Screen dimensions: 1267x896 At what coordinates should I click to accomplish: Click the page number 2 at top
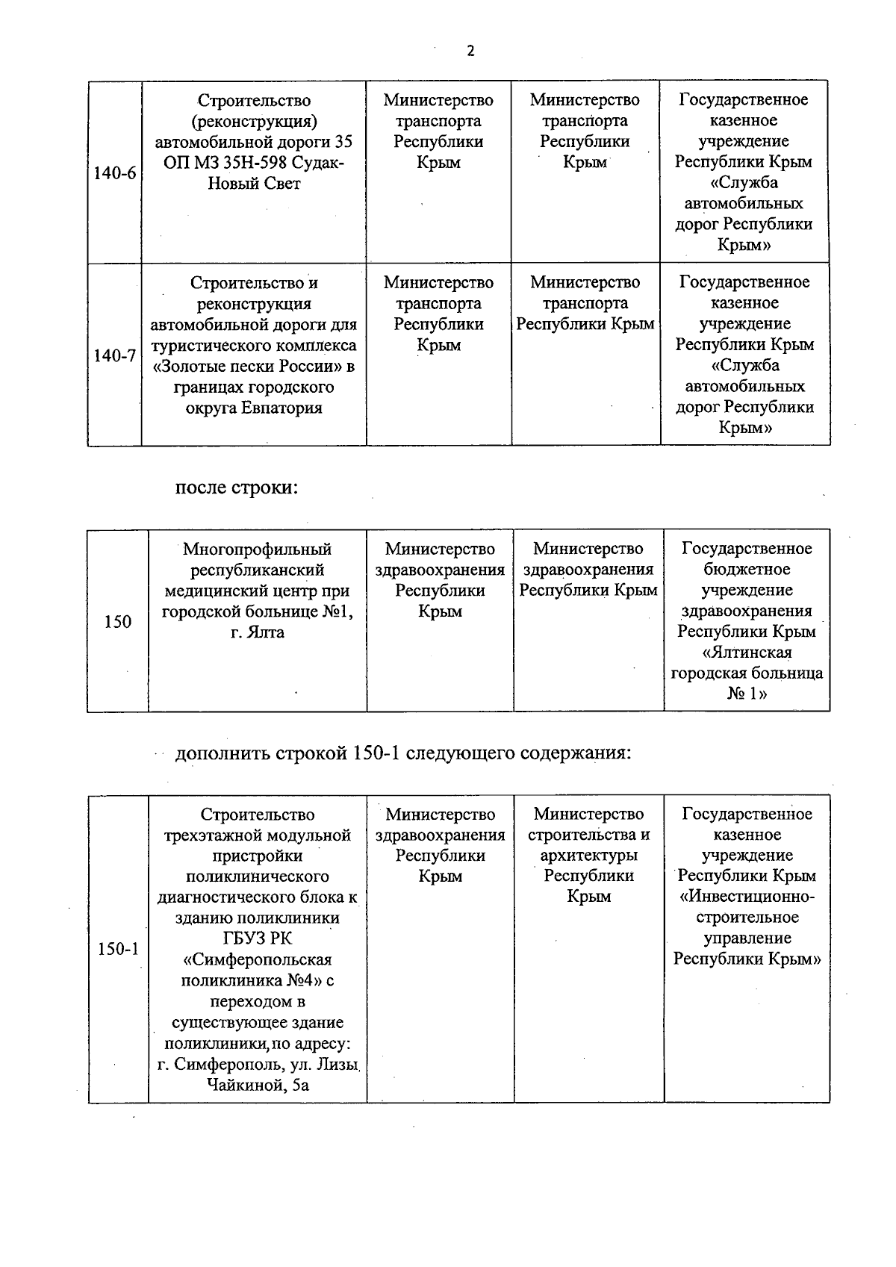pyautogui.click(x=470, y=51)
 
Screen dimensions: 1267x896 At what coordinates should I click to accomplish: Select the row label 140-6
pyautogui.click(x=115, y=174)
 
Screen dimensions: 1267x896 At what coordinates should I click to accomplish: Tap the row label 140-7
pyautogui.click(x=115, y=356)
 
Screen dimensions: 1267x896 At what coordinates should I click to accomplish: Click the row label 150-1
pyautogui.click(x=118, y=950)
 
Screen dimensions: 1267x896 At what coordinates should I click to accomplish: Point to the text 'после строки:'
pyautogui.click(x=237, y=488)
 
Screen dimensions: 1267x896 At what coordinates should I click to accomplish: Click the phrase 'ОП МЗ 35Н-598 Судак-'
pyautogui.click(x=254, y=163)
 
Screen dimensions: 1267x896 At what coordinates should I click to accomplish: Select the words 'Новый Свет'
pyautogui.click(x=254, y=184)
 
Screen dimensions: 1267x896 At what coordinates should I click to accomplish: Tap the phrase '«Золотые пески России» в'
pyautogui.click(x=254, y=367)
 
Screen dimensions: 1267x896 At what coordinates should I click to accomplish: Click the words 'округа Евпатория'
pyautogui.click(x=254, y=408)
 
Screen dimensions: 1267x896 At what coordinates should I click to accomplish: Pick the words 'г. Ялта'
pyautogui.click(x=257, y=632)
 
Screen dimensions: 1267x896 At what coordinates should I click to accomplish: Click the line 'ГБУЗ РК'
pyautogui.click(x=257, y=939)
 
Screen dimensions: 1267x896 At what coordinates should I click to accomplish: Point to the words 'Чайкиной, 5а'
pyautogui.click(x=257, y=1085)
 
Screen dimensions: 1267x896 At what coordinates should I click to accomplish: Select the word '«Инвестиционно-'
pyautogui.click(x=747, y=897)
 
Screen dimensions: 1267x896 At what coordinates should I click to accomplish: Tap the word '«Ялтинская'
pyautogui.click(x=747, y=653)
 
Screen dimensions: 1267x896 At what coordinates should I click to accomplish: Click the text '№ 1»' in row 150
pyautogui.click(x=747, y=694)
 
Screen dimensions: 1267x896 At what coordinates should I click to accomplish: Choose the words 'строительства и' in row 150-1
pyautogui.click(x=588, y=835)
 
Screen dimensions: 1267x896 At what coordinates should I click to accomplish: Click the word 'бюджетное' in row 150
pyautogui.click(x=747, y=570)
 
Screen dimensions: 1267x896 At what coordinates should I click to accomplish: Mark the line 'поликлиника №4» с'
pyautogui.click(x=257, y=980)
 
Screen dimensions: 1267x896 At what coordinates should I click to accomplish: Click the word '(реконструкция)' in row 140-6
pyautogui.click(x=254, y=121)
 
